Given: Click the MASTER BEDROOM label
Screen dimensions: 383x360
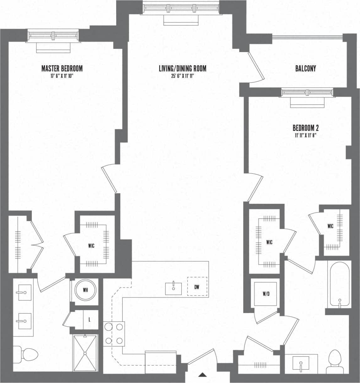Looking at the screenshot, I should click(x=62, y=68).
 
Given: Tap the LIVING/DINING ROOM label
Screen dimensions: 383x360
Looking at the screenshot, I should click(x=182, y=68).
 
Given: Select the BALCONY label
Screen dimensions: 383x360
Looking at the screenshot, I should click(x=305, y=68).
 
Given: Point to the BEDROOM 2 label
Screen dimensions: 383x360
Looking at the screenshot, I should click(x=305, y=128).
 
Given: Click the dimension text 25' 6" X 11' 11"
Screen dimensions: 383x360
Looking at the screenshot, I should click(x=182, y=76).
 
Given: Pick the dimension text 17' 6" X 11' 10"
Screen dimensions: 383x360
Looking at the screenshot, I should click(x=62, y=76).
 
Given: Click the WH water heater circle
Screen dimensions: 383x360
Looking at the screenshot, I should click(x=85, y=290).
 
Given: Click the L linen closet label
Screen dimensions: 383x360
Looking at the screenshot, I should click(x=89, y=320).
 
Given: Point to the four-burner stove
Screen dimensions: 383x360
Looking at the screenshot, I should click(x=114, y=334).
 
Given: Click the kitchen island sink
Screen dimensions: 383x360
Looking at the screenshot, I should click(x=174, y=288).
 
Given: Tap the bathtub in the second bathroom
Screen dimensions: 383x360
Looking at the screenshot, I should click(x=339, y=284).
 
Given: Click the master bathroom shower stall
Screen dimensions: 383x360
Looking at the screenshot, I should click(x=85, y=353).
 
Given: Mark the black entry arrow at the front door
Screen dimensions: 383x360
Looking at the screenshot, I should click(x=202, y=374).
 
